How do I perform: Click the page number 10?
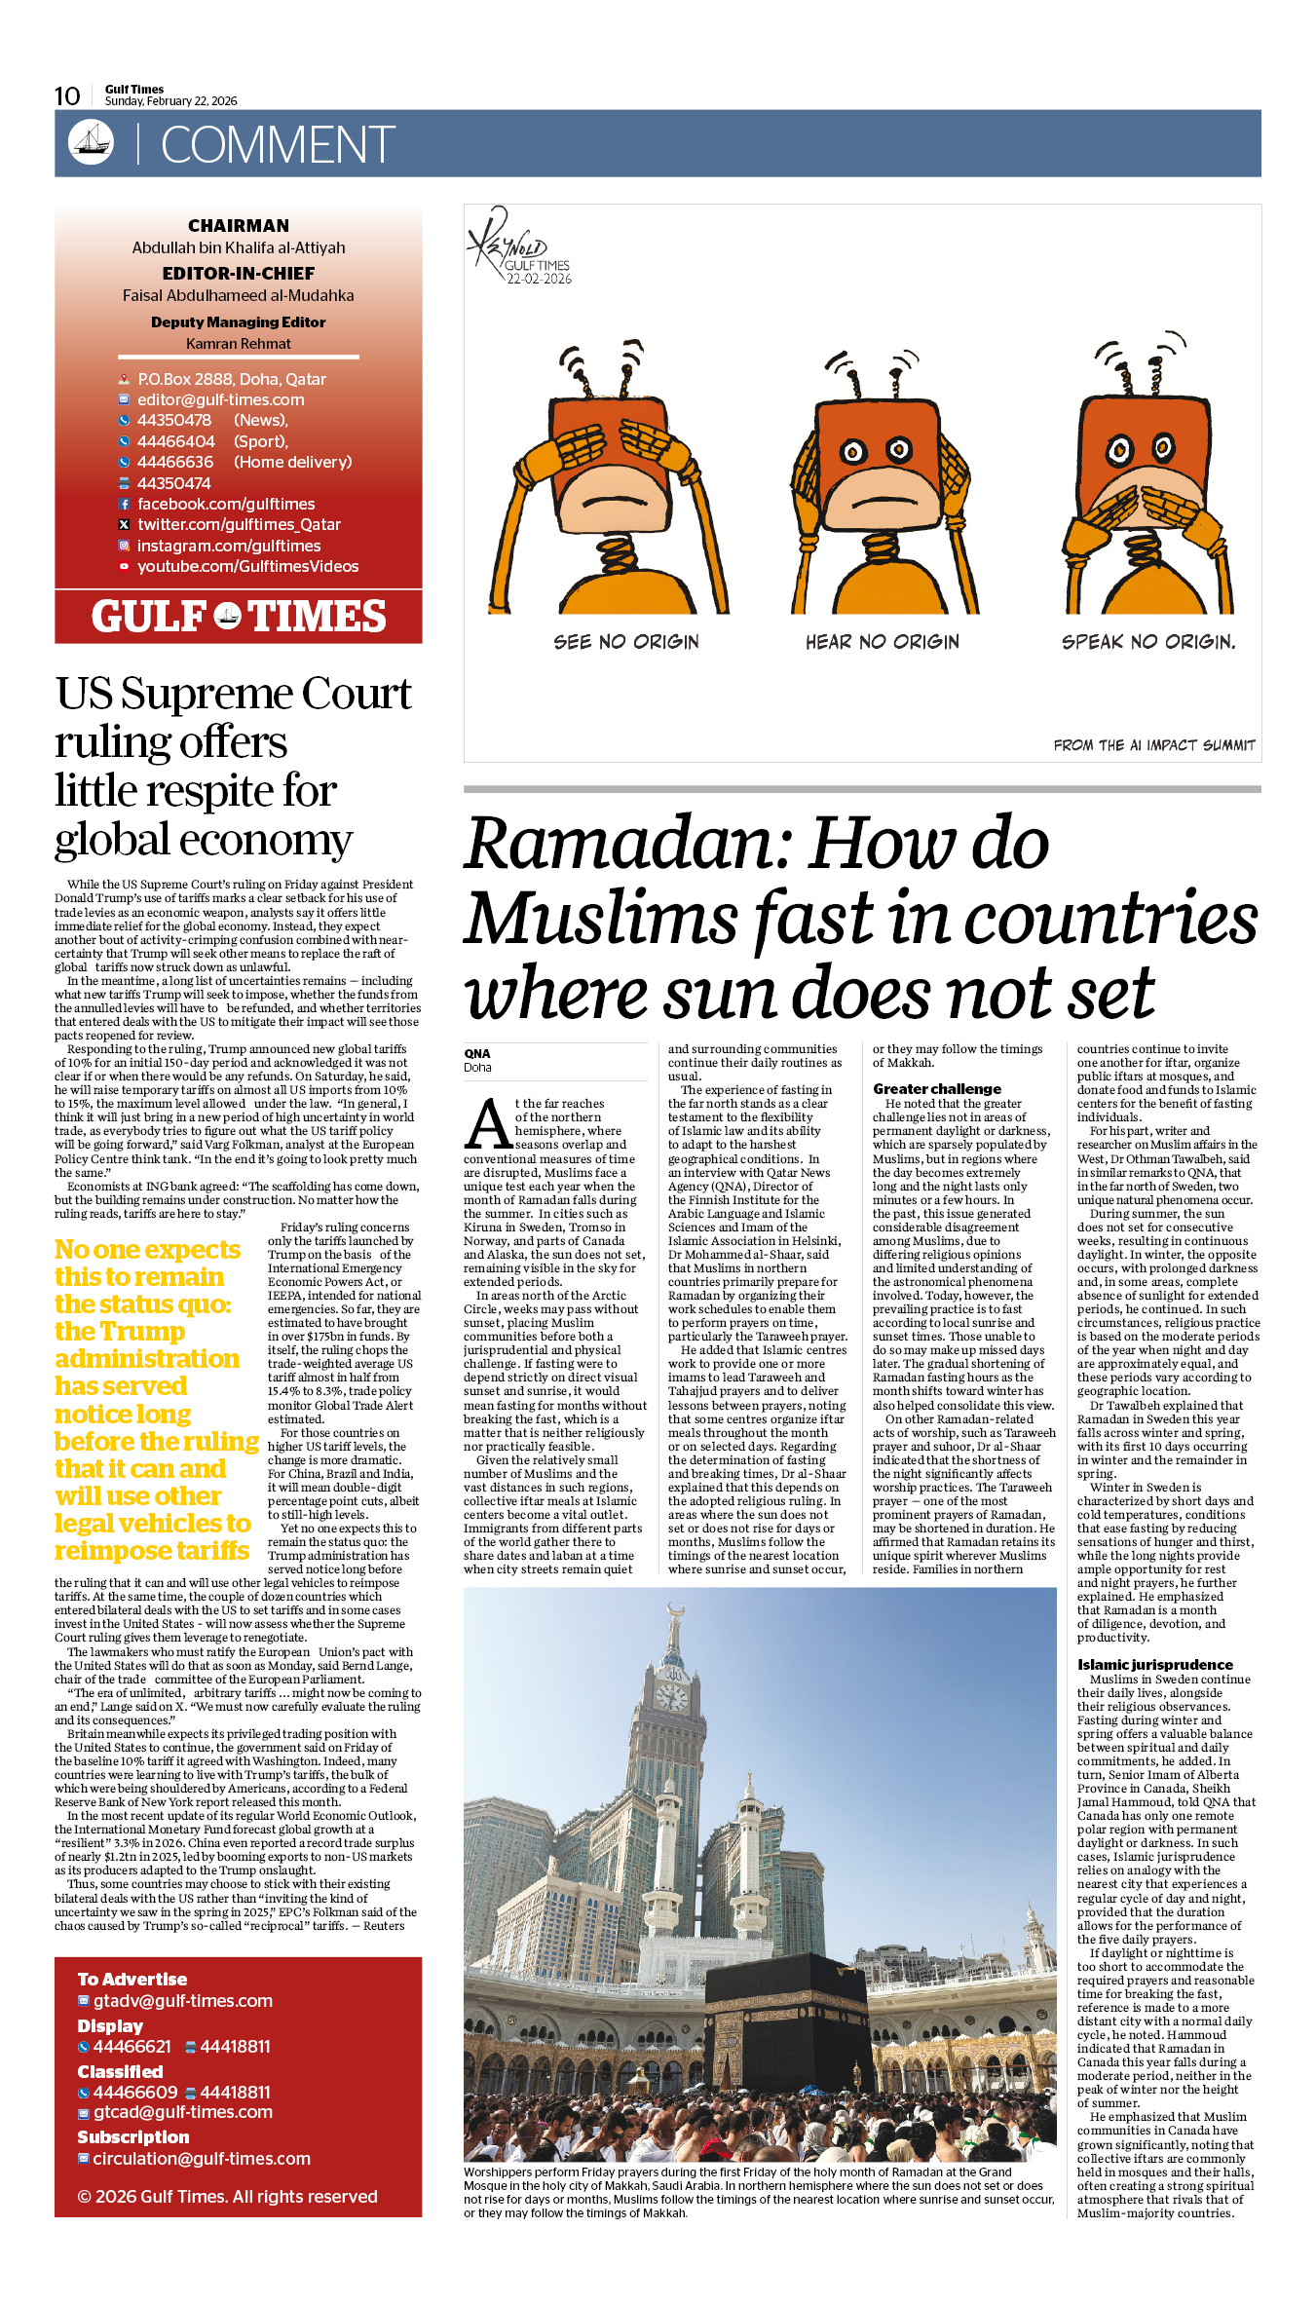click(x=67, y=95)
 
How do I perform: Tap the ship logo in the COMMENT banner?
click(x=91, y=142)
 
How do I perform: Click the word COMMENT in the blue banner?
click(x=278, y=145)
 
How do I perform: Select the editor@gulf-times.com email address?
click(x=220, y=399)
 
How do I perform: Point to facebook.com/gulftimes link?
click(x=226, y=504)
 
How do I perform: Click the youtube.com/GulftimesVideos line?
click(x=247, y=566)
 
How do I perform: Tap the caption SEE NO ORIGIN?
click(x=626, y=642)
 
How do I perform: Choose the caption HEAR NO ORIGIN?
click(x=882, y=642)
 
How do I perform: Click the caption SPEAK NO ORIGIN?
click(x=1147, y=642)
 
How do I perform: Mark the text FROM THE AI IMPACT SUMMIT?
click(x=1153, y=745)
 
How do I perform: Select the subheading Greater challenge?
click(x=936, y=1088)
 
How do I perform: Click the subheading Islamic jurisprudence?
click(x=1154, y=1664)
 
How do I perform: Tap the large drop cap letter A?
click(x=488, y=1124)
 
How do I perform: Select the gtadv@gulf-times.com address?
click(x=182, y=2000)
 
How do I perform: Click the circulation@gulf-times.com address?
click(x=201, y=2158)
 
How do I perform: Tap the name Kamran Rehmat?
click(x=239, y=344)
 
